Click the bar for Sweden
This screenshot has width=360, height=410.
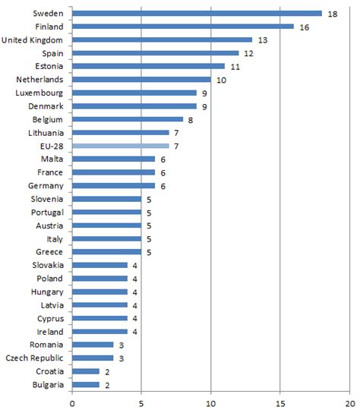[x=197, y=13]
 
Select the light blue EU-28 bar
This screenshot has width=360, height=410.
[x=122, y=146]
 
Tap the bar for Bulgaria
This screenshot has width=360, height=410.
[x=87, y=384]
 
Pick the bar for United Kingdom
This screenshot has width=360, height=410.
[x=163, y=39]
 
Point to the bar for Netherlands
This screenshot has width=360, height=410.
[x=142, y=79]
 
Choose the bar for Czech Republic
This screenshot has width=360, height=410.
[x=93, y=358]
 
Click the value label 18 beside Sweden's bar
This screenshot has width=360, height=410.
[x=331, y=13]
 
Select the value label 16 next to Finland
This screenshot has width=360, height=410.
[x=304, y=27]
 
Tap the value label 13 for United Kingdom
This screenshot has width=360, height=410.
[x=262, y=39]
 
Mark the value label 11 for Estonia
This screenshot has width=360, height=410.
[x=234, y=66]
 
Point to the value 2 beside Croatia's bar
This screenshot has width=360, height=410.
[x=106, y=371]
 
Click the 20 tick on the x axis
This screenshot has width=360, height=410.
[x=349, y=402]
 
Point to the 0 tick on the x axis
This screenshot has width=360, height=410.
[x=73, y=402]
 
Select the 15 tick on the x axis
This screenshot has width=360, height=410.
[x=280, y=402]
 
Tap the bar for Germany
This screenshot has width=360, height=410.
[x=115, y=185]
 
